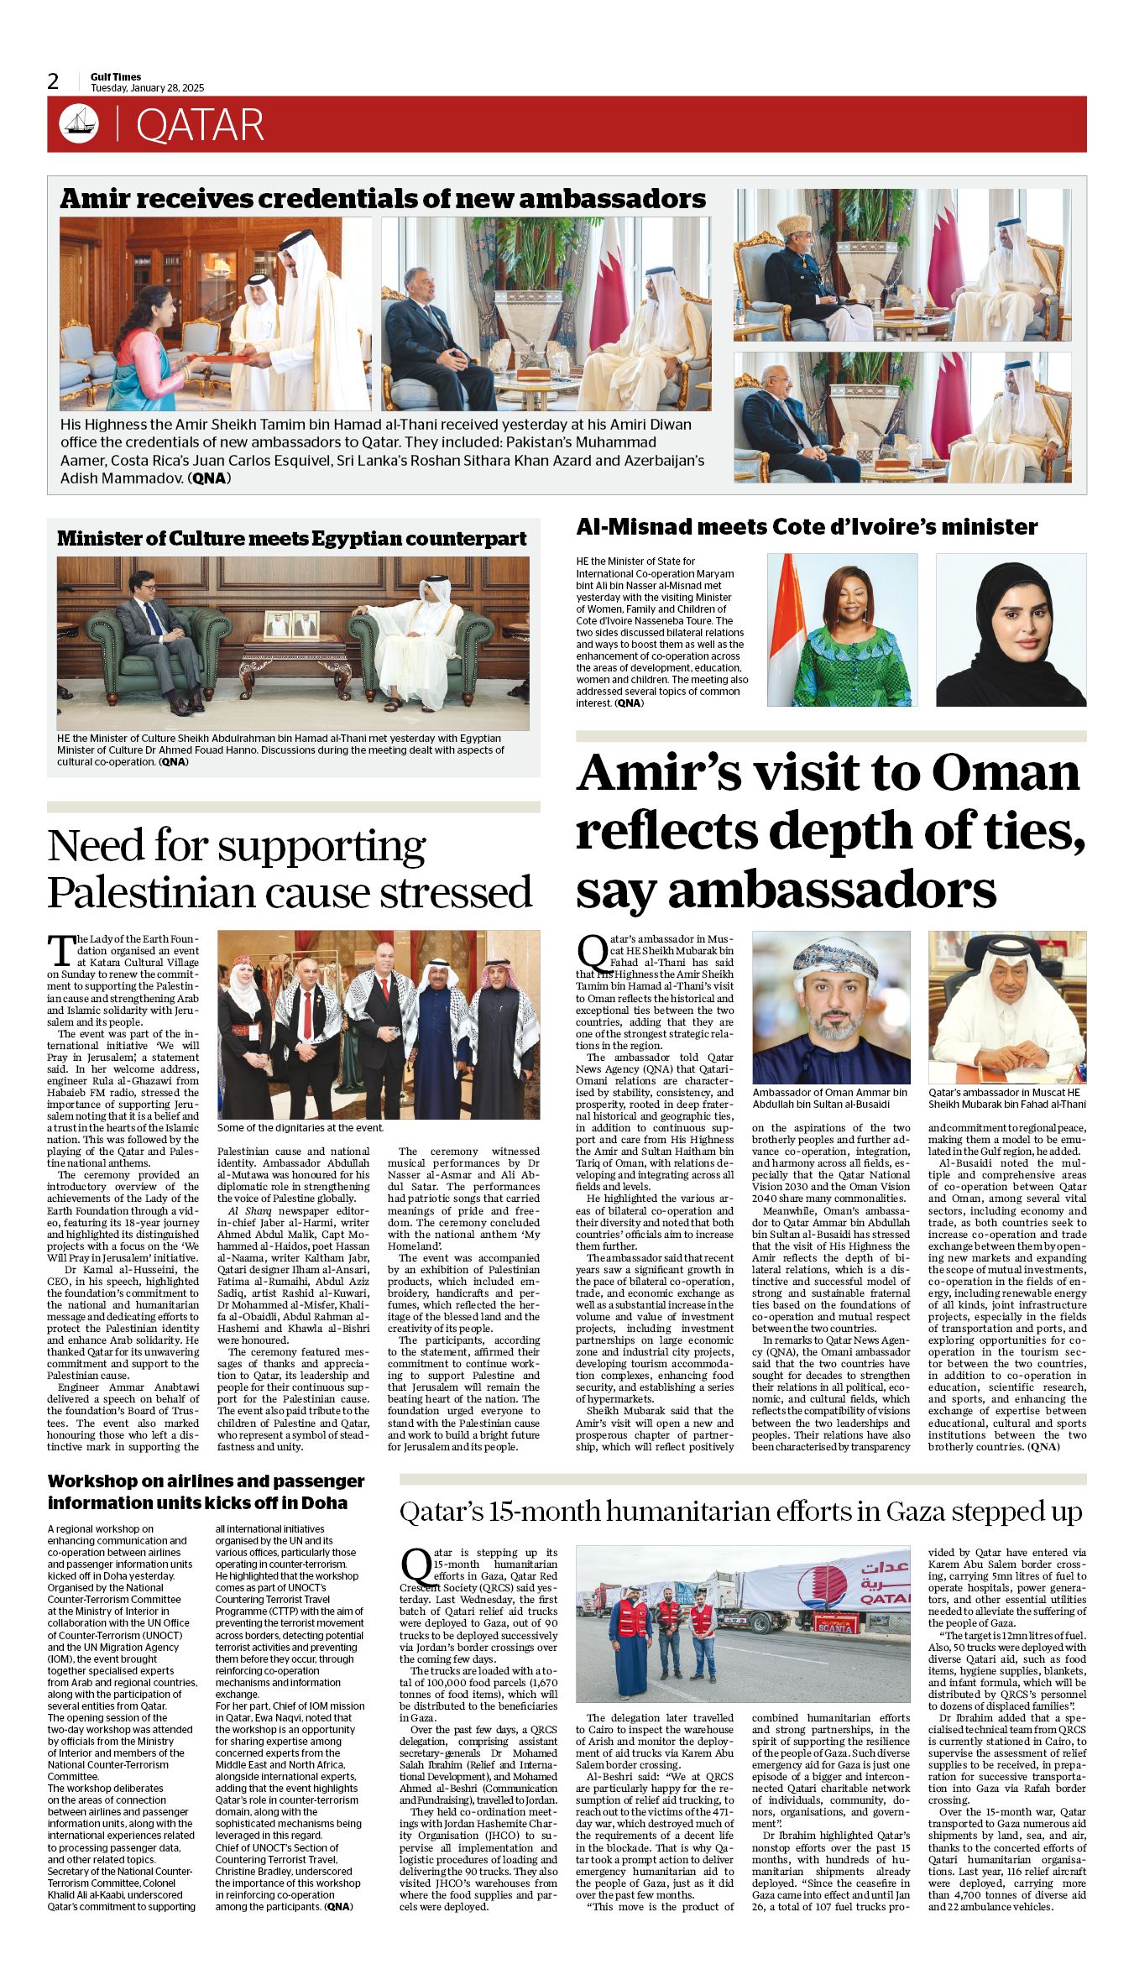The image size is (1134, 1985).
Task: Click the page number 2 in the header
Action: pyautogui.click(x=54, y=81)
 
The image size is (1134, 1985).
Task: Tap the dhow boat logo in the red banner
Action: pyautogui.click(x=79, y=123)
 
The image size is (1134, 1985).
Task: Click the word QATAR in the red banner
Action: pyautogui.click(x=200, y=125)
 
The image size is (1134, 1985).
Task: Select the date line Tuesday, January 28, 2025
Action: pyautogui.click(x=147, y=88)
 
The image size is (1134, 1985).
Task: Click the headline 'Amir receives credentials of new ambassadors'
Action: pyautogui.click(x=383, y=198)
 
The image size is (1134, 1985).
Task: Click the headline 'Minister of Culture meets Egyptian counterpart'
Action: pyautogui.click(x=292, y=539)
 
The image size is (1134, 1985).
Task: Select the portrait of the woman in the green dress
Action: pyautogui.click(x=842, y=629)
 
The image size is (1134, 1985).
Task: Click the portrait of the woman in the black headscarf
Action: pyautogui.click(x=1011, y=629)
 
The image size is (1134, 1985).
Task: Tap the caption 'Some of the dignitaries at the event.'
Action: pyautogui.click(x=300, y=1128)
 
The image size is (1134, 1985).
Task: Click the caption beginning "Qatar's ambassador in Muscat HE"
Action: pyautogui.click(x=1006, y=1098)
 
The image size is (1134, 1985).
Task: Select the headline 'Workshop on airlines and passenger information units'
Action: pyautogui.click(x=206, y=1491)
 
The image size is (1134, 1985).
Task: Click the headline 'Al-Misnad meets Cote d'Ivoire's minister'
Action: pyautogui.click(x=807, y=527)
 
